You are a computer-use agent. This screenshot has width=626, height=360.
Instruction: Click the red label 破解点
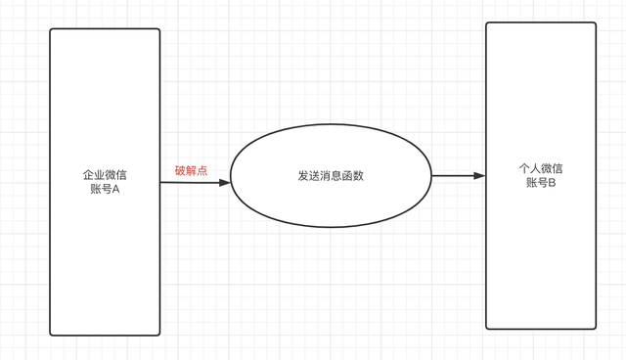pos(191,170)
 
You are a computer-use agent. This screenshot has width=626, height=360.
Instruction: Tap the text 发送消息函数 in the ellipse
pos(331,176)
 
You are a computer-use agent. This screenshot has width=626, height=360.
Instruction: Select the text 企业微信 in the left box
pos(105,175)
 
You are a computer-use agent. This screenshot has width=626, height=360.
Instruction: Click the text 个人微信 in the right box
pos(541,168)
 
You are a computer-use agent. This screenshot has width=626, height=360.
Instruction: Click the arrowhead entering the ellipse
pos(225,182)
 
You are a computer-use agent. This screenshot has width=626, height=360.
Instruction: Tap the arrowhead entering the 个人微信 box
pos(479,176)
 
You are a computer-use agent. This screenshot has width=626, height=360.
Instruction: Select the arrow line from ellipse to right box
pos(455,176)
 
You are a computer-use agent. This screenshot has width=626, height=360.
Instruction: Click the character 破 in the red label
pos(180,170)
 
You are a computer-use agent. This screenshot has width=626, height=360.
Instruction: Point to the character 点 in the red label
pos(201,170)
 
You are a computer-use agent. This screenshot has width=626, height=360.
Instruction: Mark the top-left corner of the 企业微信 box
pos(51,29)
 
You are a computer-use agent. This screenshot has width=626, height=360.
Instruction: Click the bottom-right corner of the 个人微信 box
pos(596,328)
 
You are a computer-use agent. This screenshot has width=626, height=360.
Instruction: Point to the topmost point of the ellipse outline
pos(331,125)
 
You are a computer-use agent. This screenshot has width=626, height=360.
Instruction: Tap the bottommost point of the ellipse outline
pos(331,228)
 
